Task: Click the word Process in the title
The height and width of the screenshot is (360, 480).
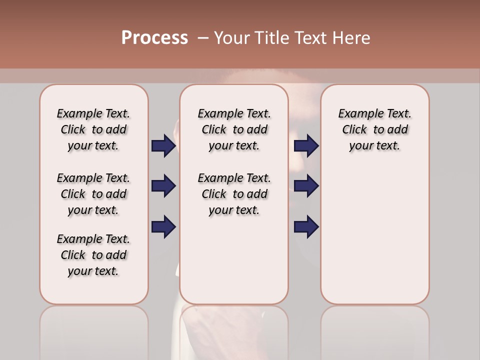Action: click(154, 38)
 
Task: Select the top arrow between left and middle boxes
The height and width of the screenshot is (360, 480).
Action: click(163, 145)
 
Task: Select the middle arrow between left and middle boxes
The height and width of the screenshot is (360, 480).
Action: click(163, 186)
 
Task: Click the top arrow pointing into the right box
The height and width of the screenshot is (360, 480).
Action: click(306, 145)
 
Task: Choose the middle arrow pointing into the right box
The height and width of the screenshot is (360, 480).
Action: click(306, 186)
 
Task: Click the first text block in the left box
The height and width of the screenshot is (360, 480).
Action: click(93, 129)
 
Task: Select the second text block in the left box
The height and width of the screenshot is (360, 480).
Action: click(93, 194)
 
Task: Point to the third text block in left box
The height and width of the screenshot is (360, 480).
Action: click(93, 255)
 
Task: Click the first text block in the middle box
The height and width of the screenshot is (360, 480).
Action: click(234, 129)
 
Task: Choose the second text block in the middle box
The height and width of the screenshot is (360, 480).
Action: click(234, 194)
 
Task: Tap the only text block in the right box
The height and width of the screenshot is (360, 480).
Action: click(374, 129)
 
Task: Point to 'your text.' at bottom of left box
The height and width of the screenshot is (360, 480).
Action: click(93, 271)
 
